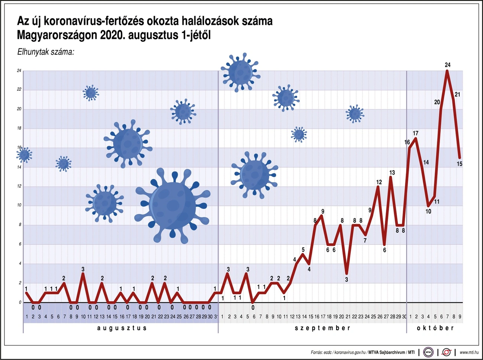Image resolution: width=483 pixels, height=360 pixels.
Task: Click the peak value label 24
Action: click(448, 65)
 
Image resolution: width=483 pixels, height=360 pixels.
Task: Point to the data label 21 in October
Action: click(457, 95)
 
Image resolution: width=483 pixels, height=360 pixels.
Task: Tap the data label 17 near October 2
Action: click(415, 133)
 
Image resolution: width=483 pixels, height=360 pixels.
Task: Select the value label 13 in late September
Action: click(392, 173)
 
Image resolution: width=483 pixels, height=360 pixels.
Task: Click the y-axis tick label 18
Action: click(19, 128)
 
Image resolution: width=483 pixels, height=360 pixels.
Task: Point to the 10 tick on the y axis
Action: click(19, 205)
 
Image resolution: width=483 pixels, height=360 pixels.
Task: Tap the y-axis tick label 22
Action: click(19, 90)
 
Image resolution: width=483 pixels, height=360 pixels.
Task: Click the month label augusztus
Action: click(121, 328)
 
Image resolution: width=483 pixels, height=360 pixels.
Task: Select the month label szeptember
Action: click(322, 328)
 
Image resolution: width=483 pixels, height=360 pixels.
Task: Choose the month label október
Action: click(435, 328)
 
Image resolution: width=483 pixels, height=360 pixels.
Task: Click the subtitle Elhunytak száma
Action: click(46, 52)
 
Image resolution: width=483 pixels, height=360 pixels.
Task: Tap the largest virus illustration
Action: click(173, 205)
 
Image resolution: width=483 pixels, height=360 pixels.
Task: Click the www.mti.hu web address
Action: click(469, 352)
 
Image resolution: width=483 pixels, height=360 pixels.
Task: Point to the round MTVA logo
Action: click(428, 352)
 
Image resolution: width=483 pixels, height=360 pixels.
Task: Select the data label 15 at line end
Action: click(460, 164)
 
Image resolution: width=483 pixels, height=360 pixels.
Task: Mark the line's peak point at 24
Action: click(447, 71)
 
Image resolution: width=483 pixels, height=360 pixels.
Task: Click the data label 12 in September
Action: click(379, 182)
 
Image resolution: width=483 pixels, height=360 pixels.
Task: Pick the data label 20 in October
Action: click(437, 102)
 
